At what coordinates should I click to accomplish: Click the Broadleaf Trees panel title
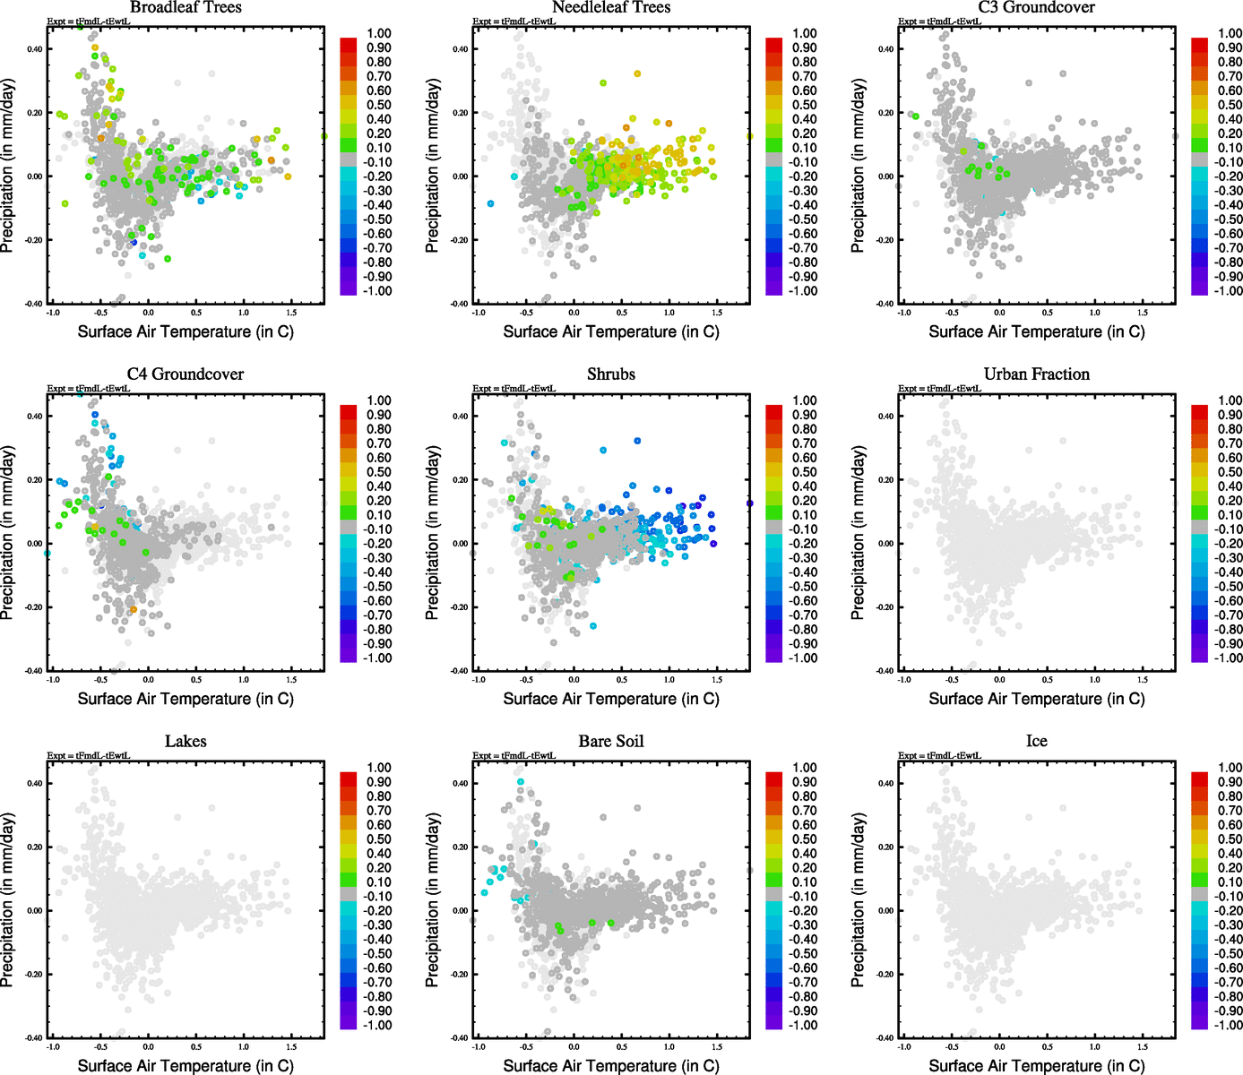[186, 7]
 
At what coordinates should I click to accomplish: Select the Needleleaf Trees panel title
[611, 7]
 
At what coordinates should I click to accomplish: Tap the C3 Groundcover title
[1036, 7]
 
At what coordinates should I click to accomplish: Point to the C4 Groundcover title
[186, 374]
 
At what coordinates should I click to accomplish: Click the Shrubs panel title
[611, 374]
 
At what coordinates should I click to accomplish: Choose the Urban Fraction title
[1036, 374]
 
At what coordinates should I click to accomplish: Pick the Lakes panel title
[186, 742]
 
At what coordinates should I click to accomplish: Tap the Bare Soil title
[611, 742]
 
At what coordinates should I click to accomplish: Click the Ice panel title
[1036, 742]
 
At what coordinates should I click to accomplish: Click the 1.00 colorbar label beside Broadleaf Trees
[379, 33]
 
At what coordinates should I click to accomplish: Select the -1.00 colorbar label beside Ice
[1228, 1025]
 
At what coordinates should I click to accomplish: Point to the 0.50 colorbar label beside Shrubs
[805, 472]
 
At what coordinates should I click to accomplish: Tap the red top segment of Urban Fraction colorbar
[1200, 412]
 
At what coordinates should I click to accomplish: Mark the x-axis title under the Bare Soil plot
[611, 1066]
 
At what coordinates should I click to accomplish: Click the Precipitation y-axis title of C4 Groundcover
[8, 533]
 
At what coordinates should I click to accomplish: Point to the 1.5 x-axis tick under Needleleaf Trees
[717, 313]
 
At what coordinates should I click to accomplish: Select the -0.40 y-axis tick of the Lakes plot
[33, 1037]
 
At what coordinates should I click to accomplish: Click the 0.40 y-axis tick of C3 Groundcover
[885, 49]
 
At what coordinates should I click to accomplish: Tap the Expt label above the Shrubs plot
[514, 389]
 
